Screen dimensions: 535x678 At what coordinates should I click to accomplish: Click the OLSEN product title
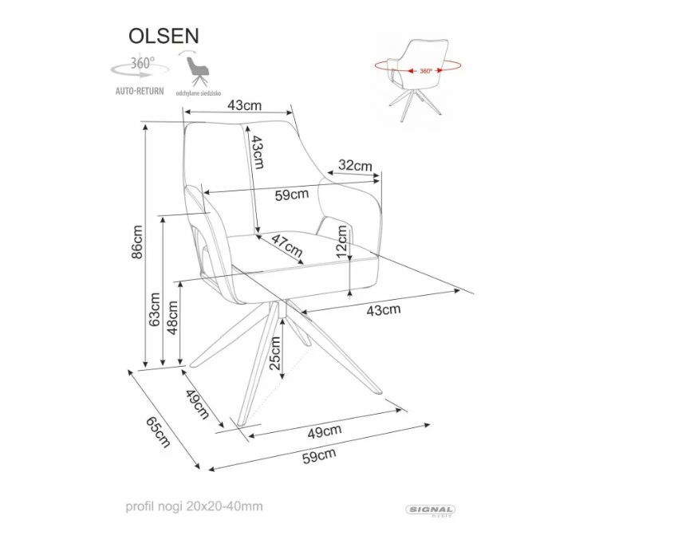164,36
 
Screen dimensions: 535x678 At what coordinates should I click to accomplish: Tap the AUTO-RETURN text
140,91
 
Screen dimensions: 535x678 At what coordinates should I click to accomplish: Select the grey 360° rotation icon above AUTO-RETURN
140,66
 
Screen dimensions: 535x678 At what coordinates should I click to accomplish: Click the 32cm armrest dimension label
355,166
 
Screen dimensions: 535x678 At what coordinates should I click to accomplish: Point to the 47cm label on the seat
286,248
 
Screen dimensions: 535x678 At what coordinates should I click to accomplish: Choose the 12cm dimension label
342,240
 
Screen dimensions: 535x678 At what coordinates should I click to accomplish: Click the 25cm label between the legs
274,352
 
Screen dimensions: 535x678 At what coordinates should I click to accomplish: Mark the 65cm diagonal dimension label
159,431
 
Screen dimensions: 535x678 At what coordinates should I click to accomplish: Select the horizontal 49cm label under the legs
325,431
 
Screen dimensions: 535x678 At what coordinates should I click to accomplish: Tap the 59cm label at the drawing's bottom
318,455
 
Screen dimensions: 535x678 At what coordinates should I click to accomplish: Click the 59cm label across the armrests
291,195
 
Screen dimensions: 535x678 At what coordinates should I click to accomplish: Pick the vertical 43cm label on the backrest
257,151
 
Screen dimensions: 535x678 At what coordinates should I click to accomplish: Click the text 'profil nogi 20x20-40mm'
194,506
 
